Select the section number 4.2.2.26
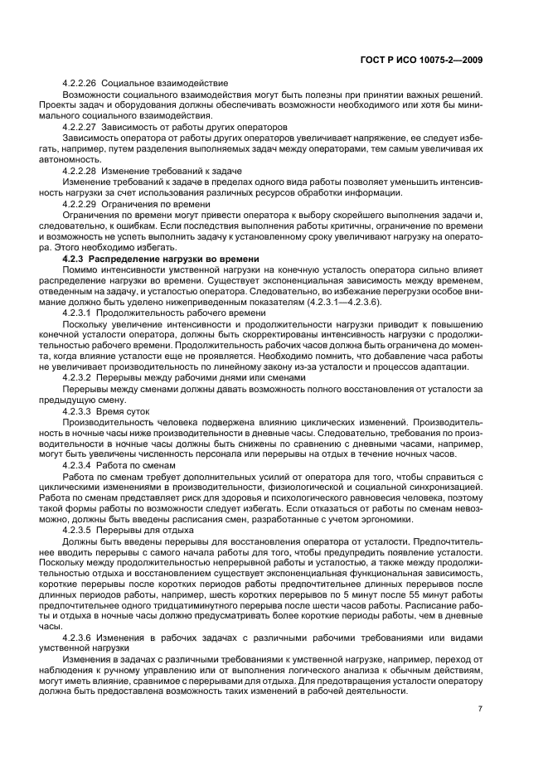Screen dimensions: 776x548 (80, 84)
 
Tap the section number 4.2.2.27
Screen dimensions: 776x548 (80, 127)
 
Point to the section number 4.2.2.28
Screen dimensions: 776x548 (80, 170)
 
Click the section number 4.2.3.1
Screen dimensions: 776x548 (77, 313)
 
